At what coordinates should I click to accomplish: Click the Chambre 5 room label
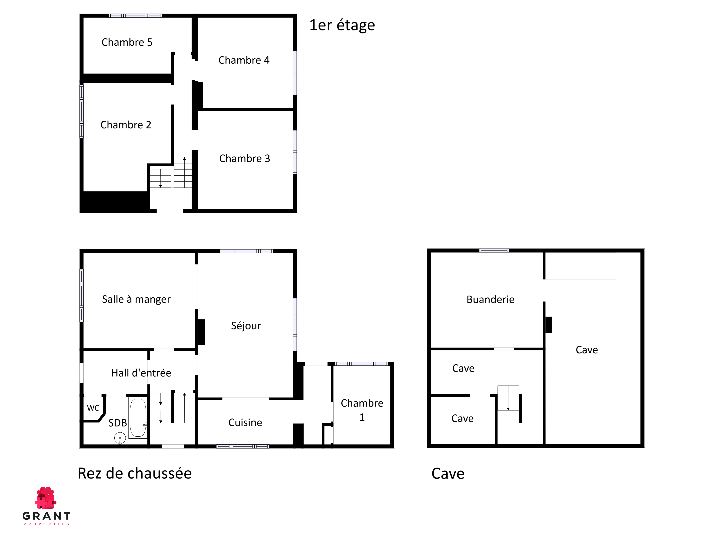pyautogui.click(x=127, y=42)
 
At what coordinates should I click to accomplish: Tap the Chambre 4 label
pyautogui.click(x=244, y=60)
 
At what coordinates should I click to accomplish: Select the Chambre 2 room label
pyautogui.click(x=126, y=125)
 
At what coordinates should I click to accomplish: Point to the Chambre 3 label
pyautogui.click(x=245, y=158)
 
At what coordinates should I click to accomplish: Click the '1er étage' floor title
pyautogui.click(x=342, y=25)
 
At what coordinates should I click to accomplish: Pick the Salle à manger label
pyautogui.click(x=136, y=299)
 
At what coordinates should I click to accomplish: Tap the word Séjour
pyautogui.click(x=246, y=326)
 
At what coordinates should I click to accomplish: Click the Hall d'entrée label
pyautogui.click(x=141, y=373)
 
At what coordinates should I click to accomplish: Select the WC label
pyautogui.click(x=93, y=408)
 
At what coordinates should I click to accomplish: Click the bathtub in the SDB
pyautogui.click(x=138, y=417)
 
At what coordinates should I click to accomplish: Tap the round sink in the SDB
pyautogui.click(x=120, y=438)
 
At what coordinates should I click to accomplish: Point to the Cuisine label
pyautogui.click(x=245, y=423)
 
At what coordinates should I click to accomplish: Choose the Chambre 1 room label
pyautogui.click(x=362, y=410)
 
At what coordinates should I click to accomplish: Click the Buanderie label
pyautogui.click(x=490, y=300)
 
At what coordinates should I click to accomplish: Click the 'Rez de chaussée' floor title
pyautogui.click(x=134, y=473)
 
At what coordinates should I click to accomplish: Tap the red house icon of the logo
pyautogui.click(x=46, y=498)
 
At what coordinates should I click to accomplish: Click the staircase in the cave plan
pyautogui.click(x=508, y=398)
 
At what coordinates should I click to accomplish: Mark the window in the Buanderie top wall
pyautogui.click(x=494, y=250)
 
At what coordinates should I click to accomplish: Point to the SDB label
pyautogui.click(x=117, y=423)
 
